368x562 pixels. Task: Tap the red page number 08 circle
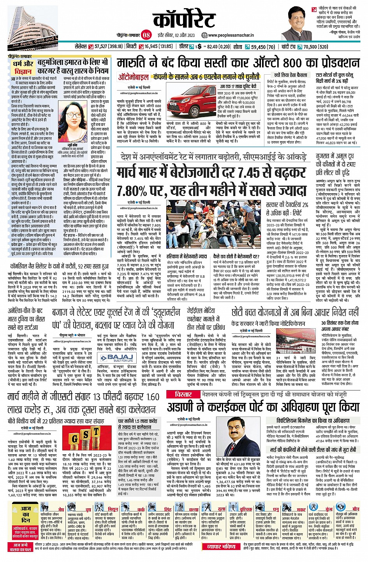pos(146,35)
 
